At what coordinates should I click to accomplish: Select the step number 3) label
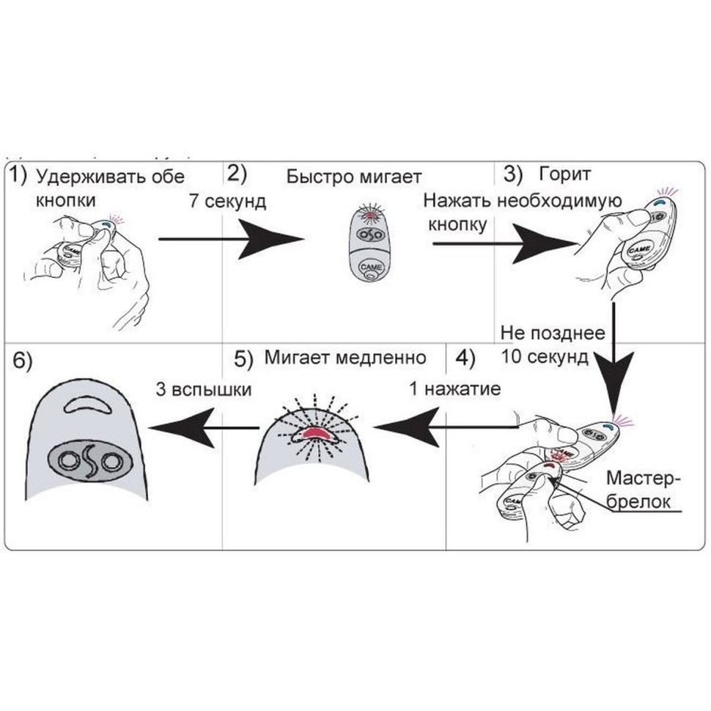pyautogui.click(x=512, y=175)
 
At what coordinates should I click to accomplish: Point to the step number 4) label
pyautogui.click(x=465, y=359)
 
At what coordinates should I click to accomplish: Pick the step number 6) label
pyautogui.click(x=22, y=361)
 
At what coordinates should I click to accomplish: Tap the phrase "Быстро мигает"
pyautogui.click(x=354, y=177)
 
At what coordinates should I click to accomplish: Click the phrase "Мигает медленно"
pyautogui.click(x=345, y=358)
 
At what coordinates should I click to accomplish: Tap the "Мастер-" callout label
pyautogui.click(x=644, y=479)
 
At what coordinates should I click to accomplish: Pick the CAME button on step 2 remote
pyautogui.click(x=370, y=269)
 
